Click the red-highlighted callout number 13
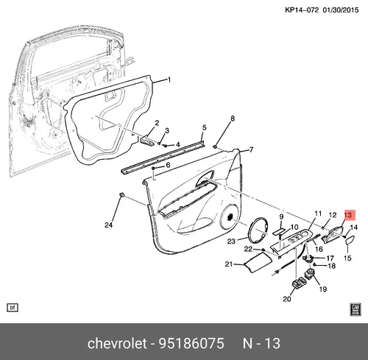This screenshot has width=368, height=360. [348, 216]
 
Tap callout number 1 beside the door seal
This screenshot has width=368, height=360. [169, 80]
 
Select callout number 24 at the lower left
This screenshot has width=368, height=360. [109, 225]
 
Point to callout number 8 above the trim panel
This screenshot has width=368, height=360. [233, 119]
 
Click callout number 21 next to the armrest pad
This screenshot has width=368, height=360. [228, 264]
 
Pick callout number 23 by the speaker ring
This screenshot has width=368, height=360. [231, 241]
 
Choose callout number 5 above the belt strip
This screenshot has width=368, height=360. [205, 127]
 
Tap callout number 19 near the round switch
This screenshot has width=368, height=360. [323, 289]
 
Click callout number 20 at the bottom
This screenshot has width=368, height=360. [287, 299]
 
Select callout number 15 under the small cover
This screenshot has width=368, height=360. [347, 258]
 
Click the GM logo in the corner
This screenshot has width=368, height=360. [355, 309]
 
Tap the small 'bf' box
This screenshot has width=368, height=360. [13, 308]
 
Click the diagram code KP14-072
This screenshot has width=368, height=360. [302, 10]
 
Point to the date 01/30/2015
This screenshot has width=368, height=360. [341, 10]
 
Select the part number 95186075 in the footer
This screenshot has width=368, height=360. [191, 343]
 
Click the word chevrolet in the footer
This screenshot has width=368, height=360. [117, 343]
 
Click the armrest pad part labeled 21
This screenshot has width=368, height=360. [258, 263]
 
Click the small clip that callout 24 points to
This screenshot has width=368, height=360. [122, 194]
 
